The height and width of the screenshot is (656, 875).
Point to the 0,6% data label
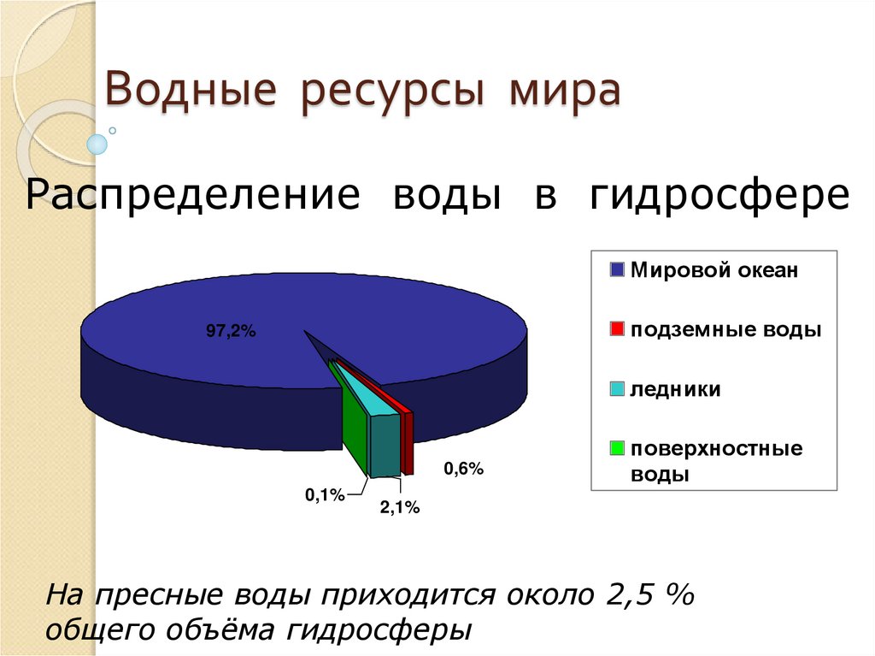463,468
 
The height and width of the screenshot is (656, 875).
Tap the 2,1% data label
400,508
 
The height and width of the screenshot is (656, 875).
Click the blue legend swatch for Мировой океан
618,271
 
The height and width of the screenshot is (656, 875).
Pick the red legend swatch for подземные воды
618,330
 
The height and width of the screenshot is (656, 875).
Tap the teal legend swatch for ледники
618,389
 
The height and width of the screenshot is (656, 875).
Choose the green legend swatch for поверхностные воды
618,448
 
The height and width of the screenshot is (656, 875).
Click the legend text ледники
675,390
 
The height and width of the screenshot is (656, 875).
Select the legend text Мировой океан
714,271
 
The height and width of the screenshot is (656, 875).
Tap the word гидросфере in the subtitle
719,196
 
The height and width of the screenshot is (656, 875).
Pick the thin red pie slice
407,440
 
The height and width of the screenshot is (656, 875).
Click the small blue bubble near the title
98,144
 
